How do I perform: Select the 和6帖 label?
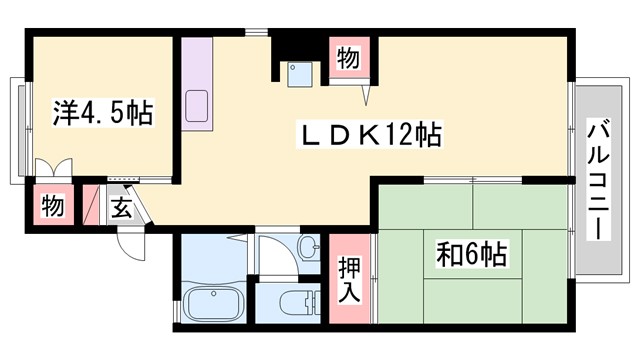(x=470, y=253)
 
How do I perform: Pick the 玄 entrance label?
(x=120, y=210)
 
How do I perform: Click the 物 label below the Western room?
(x=52, y=208)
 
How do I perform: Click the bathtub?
(x=216, y=303)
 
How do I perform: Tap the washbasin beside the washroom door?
(x=309, y=245)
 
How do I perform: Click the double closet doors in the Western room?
(x=53, y=170)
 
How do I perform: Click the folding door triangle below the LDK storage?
(x=367, y=92)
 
